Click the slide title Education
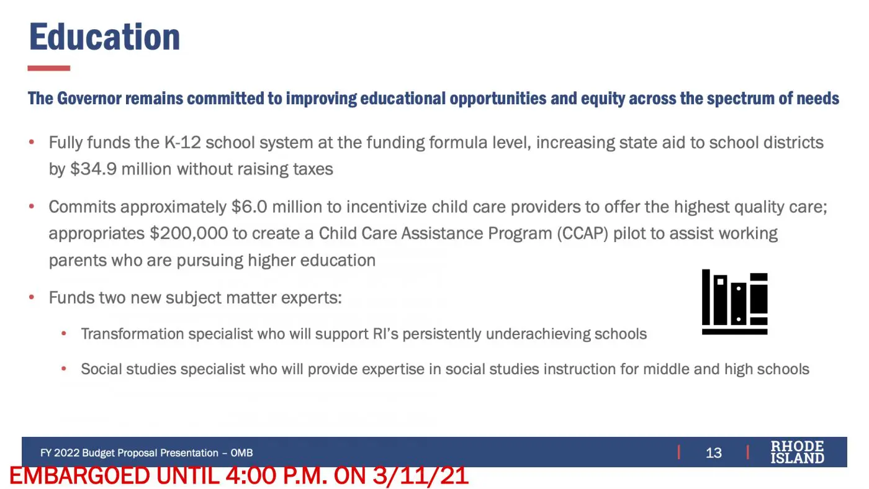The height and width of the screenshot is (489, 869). pyautogui.click(x=105, y=37)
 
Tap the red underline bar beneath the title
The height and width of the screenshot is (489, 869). pyautogui.click(x=49, y=68)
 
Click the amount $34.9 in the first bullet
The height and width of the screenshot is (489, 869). pyautogui.click(x=94, y=169)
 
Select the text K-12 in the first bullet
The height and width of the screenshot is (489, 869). pyautogui.click(x=182, y=143)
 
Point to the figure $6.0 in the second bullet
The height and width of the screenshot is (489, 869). pyautogui.click(x=249, y=207)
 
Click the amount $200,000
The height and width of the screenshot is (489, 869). pyautogui.click(x=189, y=233)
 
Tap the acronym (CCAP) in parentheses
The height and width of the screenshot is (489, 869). pyautogui.click(x=583, y=233)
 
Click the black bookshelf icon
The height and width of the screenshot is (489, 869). pyautogui.click(x=735, y=302)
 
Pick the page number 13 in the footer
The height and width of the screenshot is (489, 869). pyautogui.click(x=713, y=453)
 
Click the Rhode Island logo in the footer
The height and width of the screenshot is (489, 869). pyautogui.click(x=797, y=452)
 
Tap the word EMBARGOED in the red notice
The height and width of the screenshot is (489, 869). pyautogui.click(x=79, y=476)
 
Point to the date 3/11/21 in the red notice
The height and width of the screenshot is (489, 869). pyautogui.click(x=421, y=476)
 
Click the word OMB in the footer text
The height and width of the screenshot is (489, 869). pyautogui.click(x=241, y=453)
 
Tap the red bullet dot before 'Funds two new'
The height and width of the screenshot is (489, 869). pyautogui.click(x=32, y=297)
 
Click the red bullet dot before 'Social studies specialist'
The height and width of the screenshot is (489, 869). pyautogui.click(x=64, y=369)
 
